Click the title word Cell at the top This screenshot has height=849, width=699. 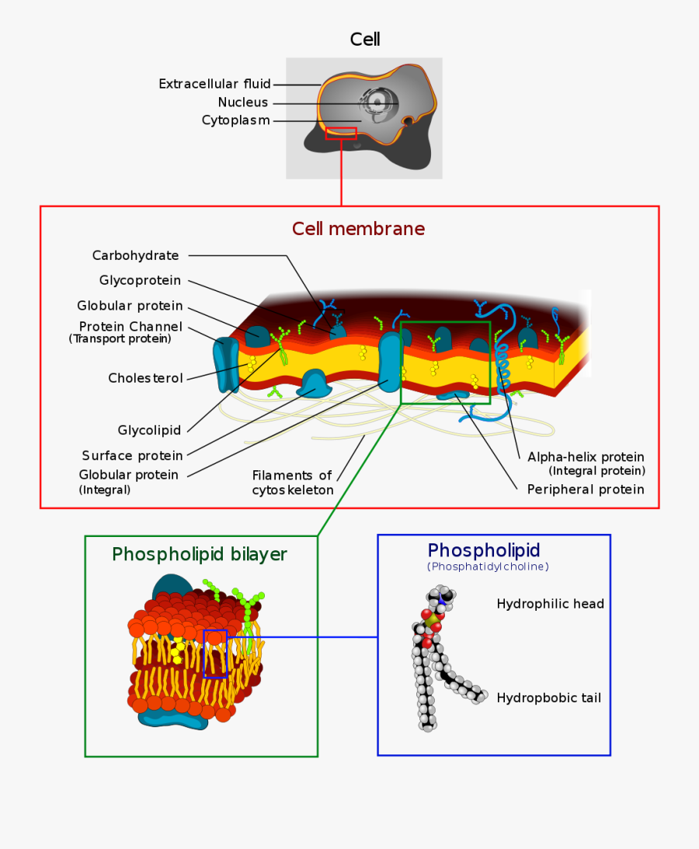(365, 40)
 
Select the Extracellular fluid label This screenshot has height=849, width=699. (214, 84)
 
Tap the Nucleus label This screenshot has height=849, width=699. (242, 102)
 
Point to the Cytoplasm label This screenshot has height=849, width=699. (235, 120)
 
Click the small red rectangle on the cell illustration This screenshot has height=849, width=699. (341, 133)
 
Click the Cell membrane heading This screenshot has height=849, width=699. (358, 229)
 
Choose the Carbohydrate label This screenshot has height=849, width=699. (135, 255)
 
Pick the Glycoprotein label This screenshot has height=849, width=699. (140, 280)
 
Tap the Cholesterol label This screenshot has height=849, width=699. (145, 379)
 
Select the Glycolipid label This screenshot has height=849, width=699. (149, 430)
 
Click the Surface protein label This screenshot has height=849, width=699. (132, 456)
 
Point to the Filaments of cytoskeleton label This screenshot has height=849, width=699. (292, 483)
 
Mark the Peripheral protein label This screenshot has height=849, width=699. (586, 490)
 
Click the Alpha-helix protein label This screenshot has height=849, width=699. (586, 457)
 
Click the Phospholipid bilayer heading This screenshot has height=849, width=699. (200, 554)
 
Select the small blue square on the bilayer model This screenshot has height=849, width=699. (215, 653)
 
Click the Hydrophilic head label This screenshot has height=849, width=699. (550, 604)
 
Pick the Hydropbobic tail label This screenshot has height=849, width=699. (548, 698)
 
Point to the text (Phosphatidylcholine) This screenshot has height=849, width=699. (488, 567)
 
